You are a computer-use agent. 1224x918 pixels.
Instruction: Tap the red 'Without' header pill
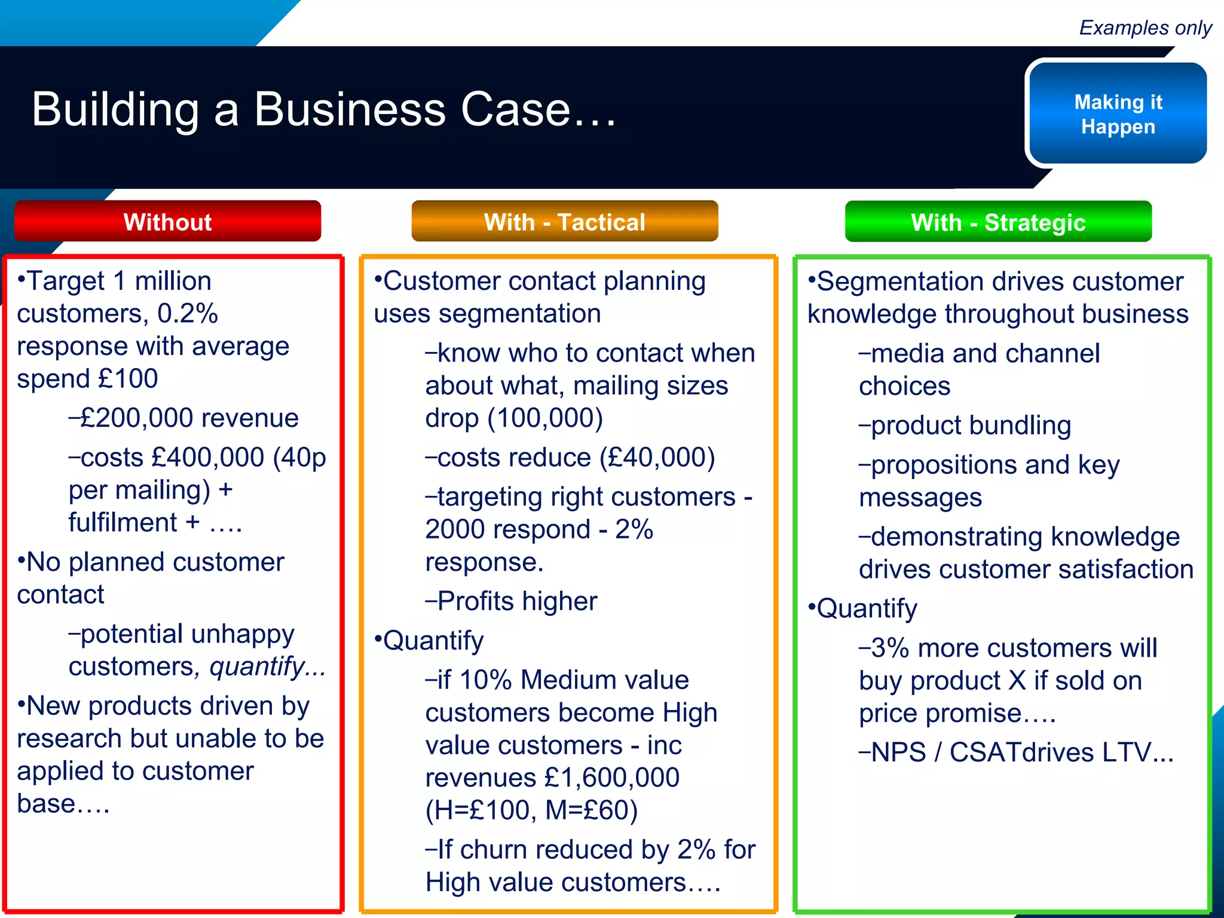tap(167, 222)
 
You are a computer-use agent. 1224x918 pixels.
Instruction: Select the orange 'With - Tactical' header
tap(564, 222)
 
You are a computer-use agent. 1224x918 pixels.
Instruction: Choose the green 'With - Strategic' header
tap(997, 222)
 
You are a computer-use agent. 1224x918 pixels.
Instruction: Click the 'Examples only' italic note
tap(1145, 27)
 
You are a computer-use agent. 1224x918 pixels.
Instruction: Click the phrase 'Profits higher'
tap(517, 601)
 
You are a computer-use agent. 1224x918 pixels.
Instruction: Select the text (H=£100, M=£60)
tap(531, 810)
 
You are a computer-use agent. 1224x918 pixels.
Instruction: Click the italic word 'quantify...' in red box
tap(267, 666)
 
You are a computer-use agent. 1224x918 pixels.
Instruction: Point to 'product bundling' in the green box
tap(971, 426)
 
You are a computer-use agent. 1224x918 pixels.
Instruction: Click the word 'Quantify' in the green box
tap(867, 608)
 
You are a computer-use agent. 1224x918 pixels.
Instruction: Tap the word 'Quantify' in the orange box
tap(433, 641)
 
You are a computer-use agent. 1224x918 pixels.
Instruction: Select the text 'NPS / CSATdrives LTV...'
tap(1022, 752)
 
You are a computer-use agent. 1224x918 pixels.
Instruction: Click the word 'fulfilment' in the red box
tap(123, 522)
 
